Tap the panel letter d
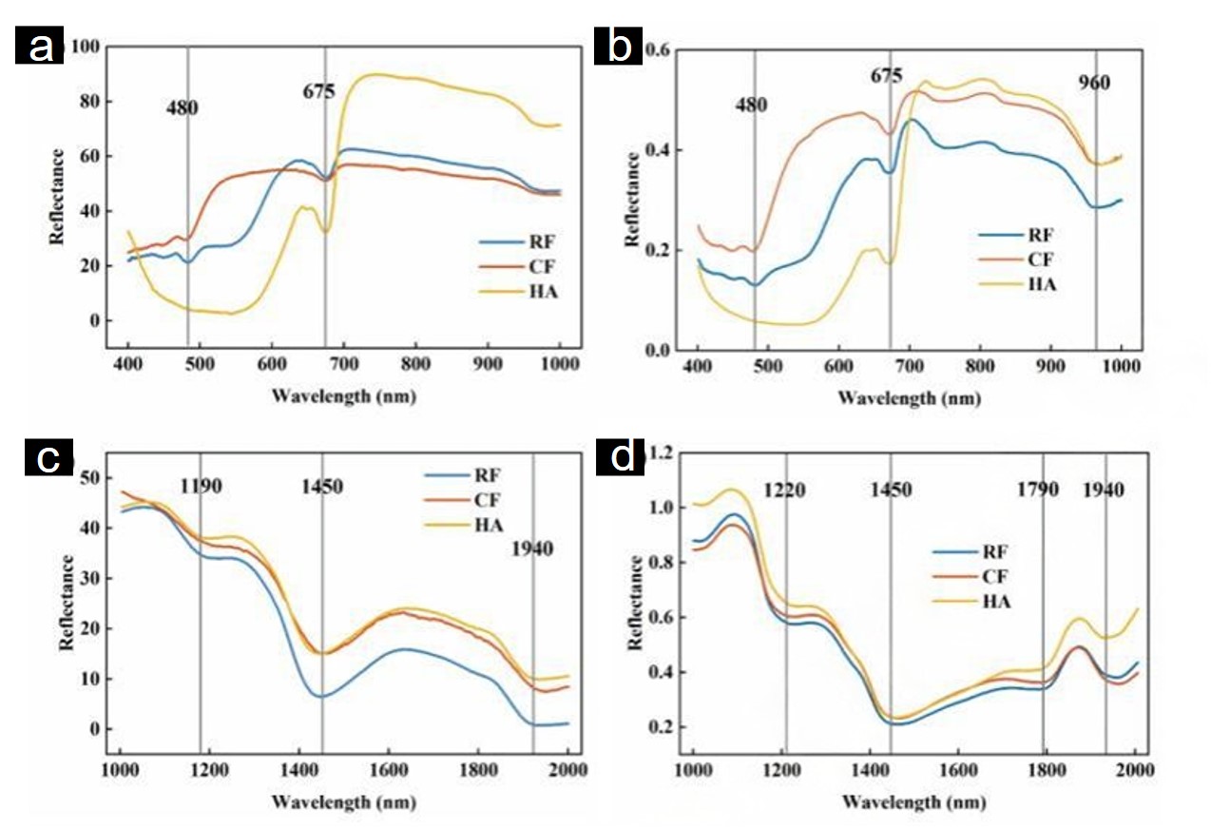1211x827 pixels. tap(623, 459)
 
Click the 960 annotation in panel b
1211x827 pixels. tap(1094, 84)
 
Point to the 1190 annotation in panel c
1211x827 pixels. tap(201, 487)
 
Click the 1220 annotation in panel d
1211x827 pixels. tap(785, 490)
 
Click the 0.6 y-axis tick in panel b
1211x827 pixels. tap(662, 49)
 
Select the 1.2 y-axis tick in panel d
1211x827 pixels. tap(659, 453)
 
